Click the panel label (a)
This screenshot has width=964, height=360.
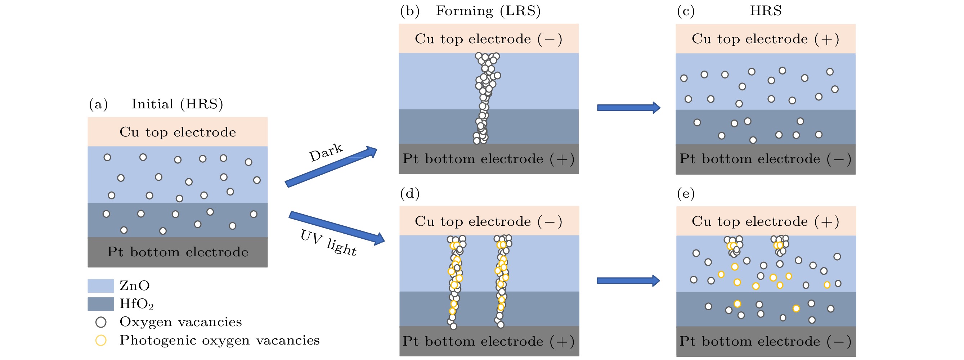coord(98,104)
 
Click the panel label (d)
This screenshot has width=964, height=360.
coord(410,193)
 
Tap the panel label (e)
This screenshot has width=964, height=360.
coord(686,193)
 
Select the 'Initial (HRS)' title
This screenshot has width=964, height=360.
coord(177,104)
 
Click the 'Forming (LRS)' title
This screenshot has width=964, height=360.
coord(488,11)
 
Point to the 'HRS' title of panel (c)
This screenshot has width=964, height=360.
coord(766,11)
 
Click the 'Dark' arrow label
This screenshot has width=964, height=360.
coord(325,152)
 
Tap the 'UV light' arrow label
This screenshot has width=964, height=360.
coord(328,243)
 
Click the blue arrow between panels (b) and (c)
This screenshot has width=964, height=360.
coord(628,108)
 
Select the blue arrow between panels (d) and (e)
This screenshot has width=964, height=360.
coord(628,281)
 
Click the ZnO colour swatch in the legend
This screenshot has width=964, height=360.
coord(101,285)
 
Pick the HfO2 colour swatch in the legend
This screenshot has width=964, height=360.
coord(101,304)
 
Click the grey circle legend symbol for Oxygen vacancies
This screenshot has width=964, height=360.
coord(101,322)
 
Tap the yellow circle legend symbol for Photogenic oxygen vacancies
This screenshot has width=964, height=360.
coord(101,340)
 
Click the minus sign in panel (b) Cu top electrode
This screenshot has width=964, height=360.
coord(550,39)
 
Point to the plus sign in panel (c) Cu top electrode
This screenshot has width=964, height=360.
coord(827,39)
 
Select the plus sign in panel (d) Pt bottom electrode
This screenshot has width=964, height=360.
coord(562,341)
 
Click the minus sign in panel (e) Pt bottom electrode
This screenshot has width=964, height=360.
coord(839,341)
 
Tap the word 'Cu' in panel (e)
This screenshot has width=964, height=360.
coord(701,221)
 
